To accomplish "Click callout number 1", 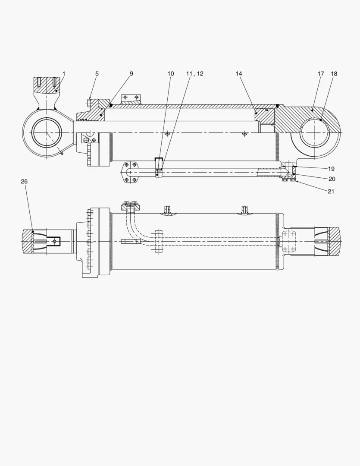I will [64, 74].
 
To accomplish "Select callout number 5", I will [97, 74].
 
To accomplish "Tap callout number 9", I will [131, 74].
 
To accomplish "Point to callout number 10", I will [171, 74].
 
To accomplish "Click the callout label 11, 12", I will [194, 74].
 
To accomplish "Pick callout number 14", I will [239, 74].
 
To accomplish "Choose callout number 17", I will [321, 74].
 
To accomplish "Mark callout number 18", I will [334, 74].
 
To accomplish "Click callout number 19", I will [331, 169].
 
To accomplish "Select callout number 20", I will [332, 179].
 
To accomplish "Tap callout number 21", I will [331, 191].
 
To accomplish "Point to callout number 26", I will [24, 182].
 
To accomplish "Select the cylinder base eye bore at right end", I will [315, 132].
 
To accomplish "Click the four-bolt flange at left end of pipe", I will [130, 172].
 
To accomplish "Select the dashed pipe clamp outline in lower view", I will [158, 241].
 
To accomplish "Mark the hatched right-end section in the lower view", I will [334, 241].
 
